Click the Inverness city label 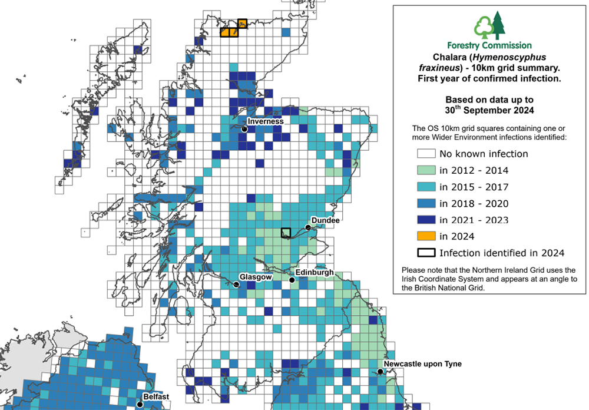pos(266,121)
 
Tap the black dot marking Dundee pos(307,227)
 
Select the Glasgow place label pos(255,276)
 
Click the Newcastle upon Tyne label pos(422,364)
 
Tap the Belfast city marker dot pos(140,404)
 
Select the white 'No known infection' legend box pos(425,154)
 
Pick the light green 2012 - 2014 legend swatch pos(425,171)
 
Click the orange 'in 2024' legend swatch pos(425,236)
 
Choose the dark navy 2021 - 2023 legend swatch pos(425,220)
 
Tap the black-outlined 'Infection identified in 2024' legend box pos(425,253)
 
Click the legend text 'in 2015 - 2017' pos(473,187)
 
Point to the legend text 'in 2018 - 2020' pos(473,204)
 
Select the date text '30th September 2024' pos(489,110)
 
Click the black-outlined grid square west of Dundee pos(286,233)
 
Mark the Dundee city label pos(324,219)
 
